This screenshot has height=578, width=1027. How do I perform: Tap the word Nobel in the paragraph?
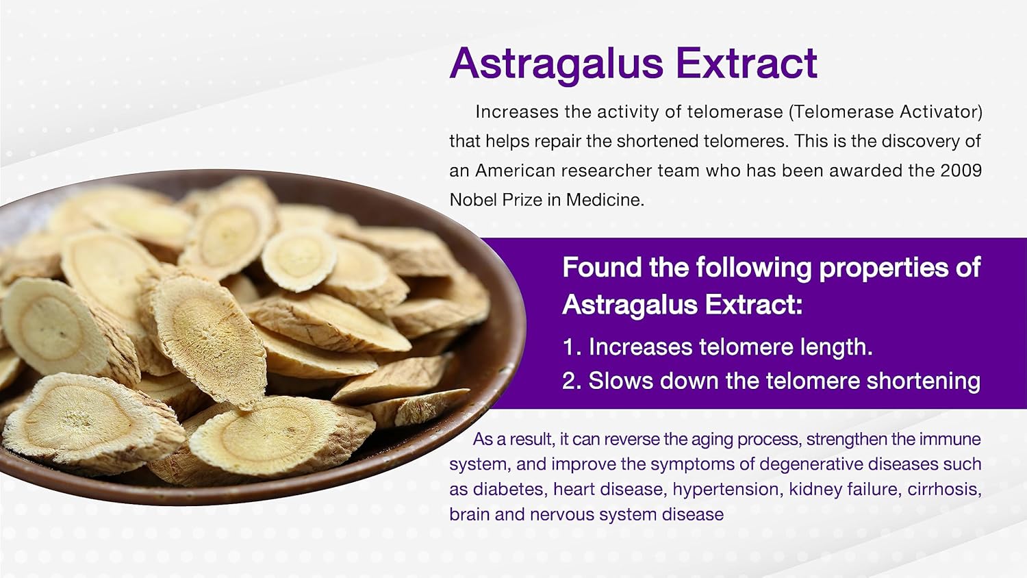[472, 199]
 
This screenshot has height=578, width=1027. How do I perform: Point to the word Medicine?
[605, 199]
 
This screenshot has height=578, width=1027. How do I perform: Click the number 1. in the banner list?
[572, 347]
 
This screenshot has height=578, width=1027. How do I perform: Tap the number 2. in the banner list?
[572, 381]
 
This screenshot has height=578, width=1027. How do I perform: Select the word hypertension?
[726, 490]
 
